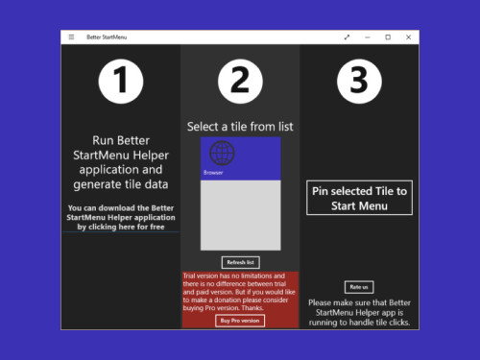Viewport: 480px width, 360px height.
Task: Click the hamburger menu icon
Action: click(70, 37)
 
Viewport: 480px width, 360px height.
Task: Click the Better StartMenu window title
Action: click(106, 37)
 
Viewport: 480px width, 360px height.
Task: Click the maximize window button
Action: click(388, 37)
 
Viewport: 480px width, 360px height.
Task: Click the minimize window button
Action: click(367, 37)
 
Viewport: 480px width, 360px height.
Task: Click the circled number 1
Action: click(120, 83)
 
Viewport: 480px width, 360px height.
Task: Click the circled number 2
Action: click(240, 83)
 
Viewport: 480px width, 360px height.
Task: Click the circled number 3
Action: click(358, 83)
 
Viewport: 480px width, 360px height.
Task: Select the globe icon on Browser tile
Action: click(222, 154)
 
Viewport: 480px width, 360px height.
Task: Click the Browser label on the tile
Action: click(214, 173)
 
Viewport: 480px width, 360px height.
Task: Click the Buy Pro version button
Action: click(240, 321)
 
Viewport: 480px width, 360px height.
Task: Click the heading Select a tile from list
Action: click(240, 127)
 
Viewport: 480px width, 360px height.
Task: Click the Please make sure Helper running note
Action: click(358, 312)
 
